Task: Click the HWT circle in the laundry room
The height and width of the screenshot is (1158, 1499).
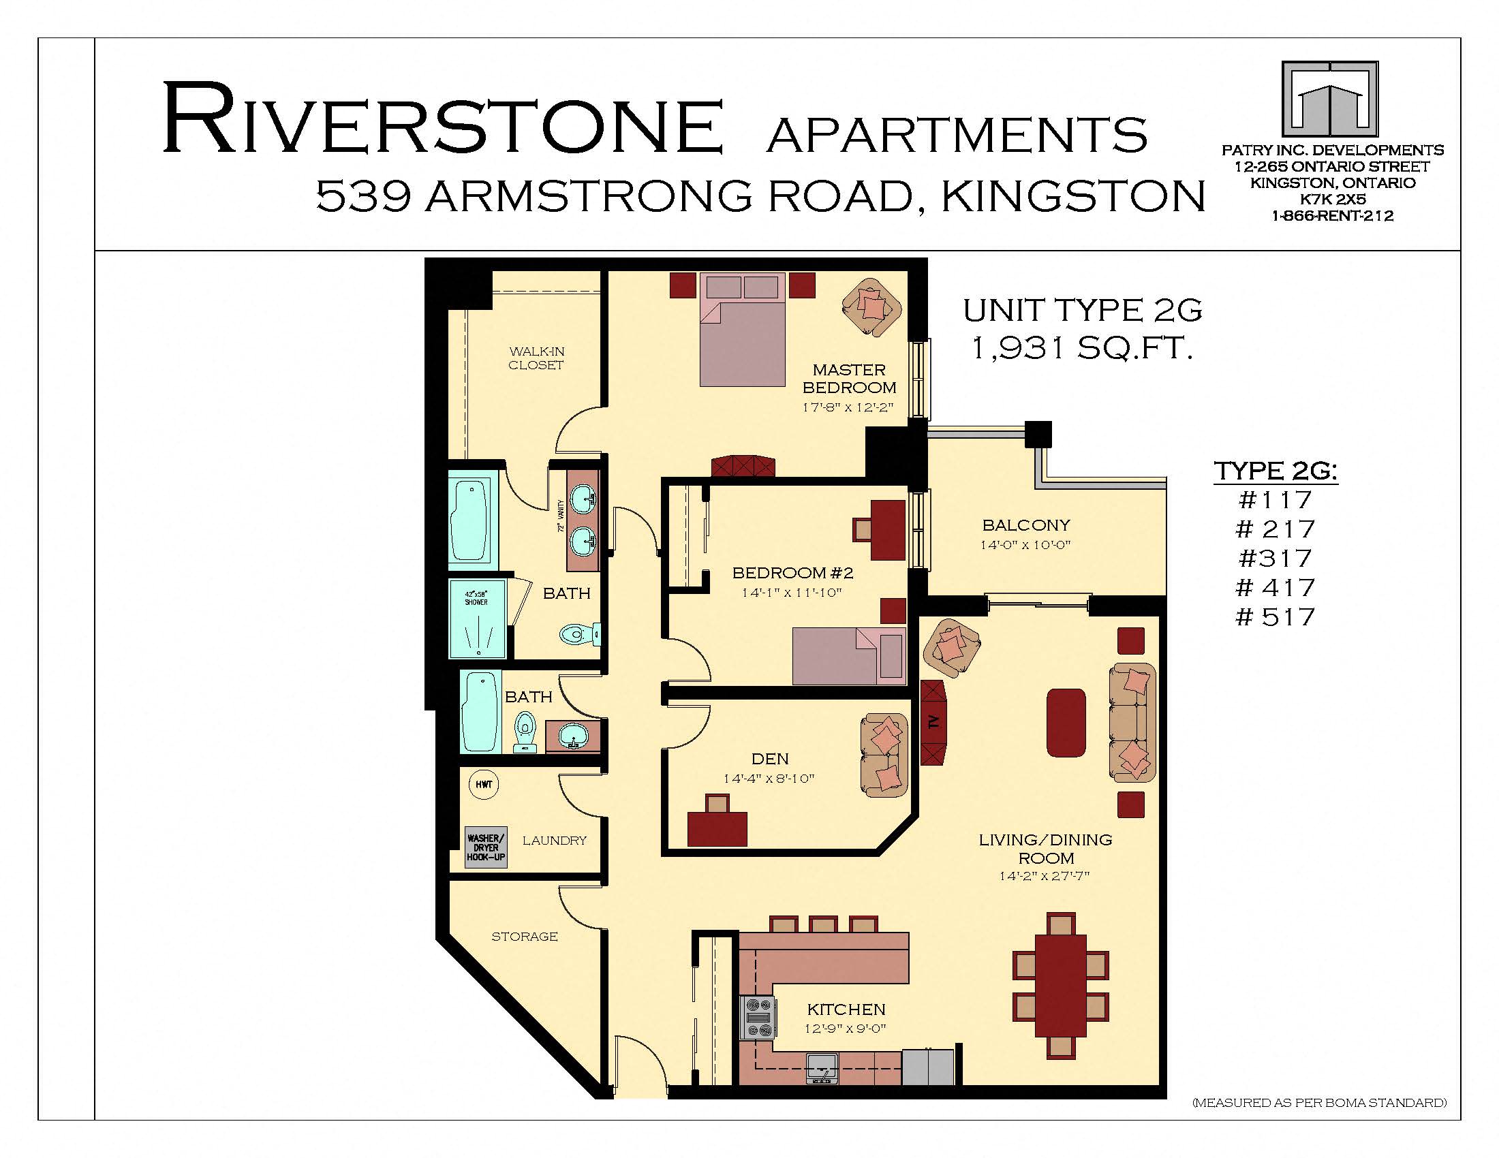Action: coord(484,784)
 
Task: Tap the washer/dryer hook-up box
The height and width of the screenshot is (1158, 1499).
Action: coord(486,847)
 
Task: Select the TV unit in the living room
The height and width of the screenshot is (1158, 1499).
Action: coord(933,722)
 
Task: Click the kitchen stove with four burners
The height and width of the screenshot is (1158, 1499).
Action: coord(758,1018)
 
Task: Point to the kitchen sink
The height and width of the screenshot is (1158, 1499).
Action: coord(822,1068)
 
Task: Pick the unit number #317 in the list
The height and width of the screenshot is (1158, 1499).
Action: coord(1276,558)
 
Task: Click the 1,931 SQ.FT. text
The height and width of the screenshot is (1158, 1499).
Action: coord(1083,349)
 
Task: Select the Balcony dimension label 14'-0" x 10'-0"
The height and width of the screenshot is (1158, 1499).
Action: coord(1026,546)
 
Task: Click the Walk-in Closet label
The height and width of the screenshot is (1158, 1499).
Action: coord(536,358)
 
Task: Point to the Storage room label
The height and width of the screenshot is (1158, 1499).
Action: coord(525,937)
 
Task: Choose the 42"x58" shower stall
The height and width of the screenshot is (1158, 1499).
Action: coord(477,619)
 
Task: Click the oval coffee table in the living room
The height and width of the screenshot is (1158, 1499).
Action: coord(1066,722)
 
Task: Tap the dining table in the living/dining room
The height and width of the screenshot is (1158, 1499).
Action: coord(1060,986)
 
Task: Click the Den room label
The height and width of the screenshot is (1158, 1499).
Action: coord(770,759)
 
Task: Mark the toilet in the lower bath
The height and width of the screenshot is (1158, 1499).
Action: coord(525,731)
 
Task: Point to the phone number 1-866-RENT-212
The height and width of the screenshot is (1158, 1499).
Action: coord(1332,216)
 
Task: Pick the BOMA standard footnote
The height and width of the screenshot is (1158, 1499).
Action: coord(1319,1103)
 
